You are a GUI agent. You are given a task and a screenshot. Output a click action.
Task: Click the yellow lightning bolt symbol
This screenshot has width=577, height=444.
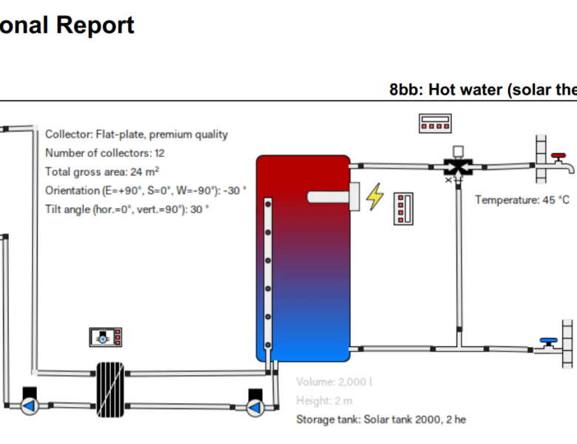tap(376, 196)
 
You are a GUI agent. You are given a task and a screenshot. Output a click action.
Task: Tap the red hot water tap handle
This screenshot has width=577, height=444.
tap(559, 157)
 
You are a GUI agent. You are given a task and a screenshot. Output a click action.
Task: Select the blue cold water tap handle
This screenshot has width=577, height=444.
tap(548, 342)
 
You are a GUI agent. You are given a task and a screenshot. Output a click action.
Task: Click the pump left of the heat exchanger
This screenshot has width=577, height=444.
tap(30, 405)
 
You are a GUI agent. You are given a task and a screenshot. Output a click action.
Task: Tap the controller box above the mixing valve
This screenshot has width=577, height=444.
tap(433, 123)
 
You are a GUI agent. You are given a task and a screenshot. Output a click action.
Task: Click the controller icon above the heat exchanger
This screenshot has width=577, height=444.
tap(105, 337)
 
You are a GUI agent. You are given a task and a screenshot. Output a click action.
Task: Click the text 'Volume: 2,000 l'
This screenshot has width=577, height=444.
tap(334, 382)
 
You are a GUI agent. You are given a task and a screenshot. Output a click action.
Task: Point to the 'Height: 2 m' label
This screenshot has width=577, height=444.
tap(324, 400)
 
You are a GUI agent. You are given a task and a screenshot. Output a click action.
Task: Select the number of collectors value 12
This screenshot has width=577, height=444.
tap(159, 153)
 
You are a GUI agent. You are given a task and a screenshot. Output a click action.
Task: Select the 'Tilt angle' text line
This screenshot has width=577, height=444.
tap(127, 209)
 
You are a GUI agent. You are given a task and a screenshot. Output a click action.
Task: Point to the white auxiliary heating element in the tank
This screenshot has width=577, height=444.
tap(332, 195)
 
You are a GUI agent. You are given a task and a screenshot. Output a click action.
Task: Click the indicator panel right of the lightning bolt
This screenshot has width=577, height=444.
tap(403, 208)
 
